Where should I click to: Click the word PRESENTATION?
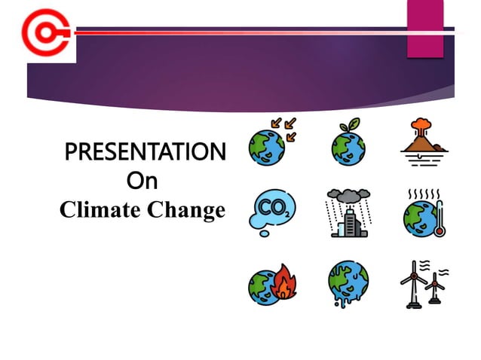point(145,153)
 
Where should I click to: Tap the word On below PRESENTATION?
point(142,182)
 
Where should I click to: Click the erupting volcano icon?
point(423,139)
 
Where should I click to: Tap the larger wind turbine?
point(412,286)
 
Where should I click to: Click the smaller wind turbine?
point(434,289)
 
